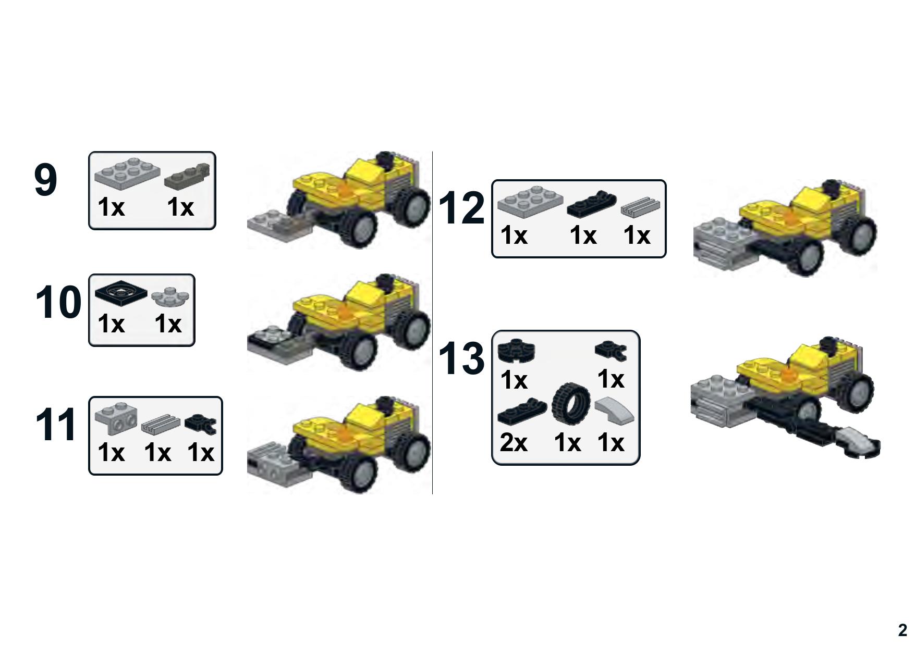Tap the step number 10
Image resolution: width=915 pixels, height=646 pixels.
click(x=58, y=302)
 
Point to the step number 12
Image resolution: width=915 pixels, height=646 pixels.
click(x=462, y=208)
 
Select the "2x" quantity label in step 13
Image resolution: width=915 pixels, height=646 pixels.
click(x=514, y=443)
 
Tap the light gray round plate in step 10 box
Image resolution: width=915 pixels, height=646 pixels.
click(x=170, y=297)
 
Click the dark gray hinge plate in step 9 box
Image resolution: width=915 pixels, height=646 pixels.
click(x=187, y=177)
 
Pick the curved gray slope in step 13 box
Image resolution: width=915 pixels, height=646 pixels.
click(x=615, y=409)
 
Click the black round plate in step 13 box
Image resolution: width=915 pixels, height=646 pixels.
click(x=517, y=350)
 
